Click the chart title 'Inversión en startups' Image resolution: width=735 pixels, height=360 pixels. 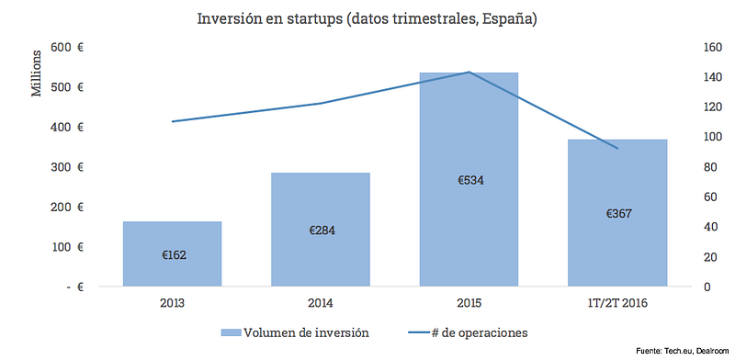click(269, 19)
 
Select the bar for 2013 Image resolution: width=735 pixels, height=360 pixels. click(172, 253)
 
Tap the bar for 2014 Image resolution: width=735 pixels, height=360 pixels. click(321, 230)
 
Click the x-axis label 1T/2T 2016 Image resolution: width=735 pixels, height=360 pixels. click(616, 303)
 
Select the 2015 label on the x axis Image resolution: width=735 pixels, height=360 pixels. click(469, 303)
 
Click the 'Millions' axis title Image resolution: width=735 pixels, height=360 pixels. click(37, 73)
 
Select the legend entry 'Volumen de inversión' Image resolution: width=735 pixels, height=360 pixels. click(294, 332)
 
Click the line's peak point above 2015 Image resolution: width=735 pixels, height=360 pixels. click(469, 73)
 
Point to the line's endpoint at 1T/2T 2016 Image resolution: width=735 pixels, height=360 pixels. click(617, 148)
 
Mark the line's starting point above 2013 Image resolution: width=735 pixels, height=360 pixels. click(173, 121)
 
